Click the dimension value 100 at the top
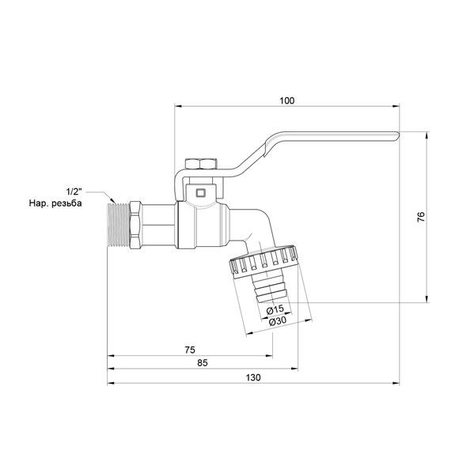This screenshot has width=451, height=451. coord(286,100)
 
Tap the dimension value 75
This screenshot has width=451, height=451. coord(190,348)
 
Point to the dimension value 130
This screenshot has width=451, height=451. coord(252,377)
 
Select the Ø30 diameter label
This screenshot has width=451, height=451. coord(277,320)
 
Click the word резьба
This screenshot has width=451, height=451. coord(87,204)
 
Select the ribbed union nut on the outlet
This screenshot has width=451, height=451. coord(261,260)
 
